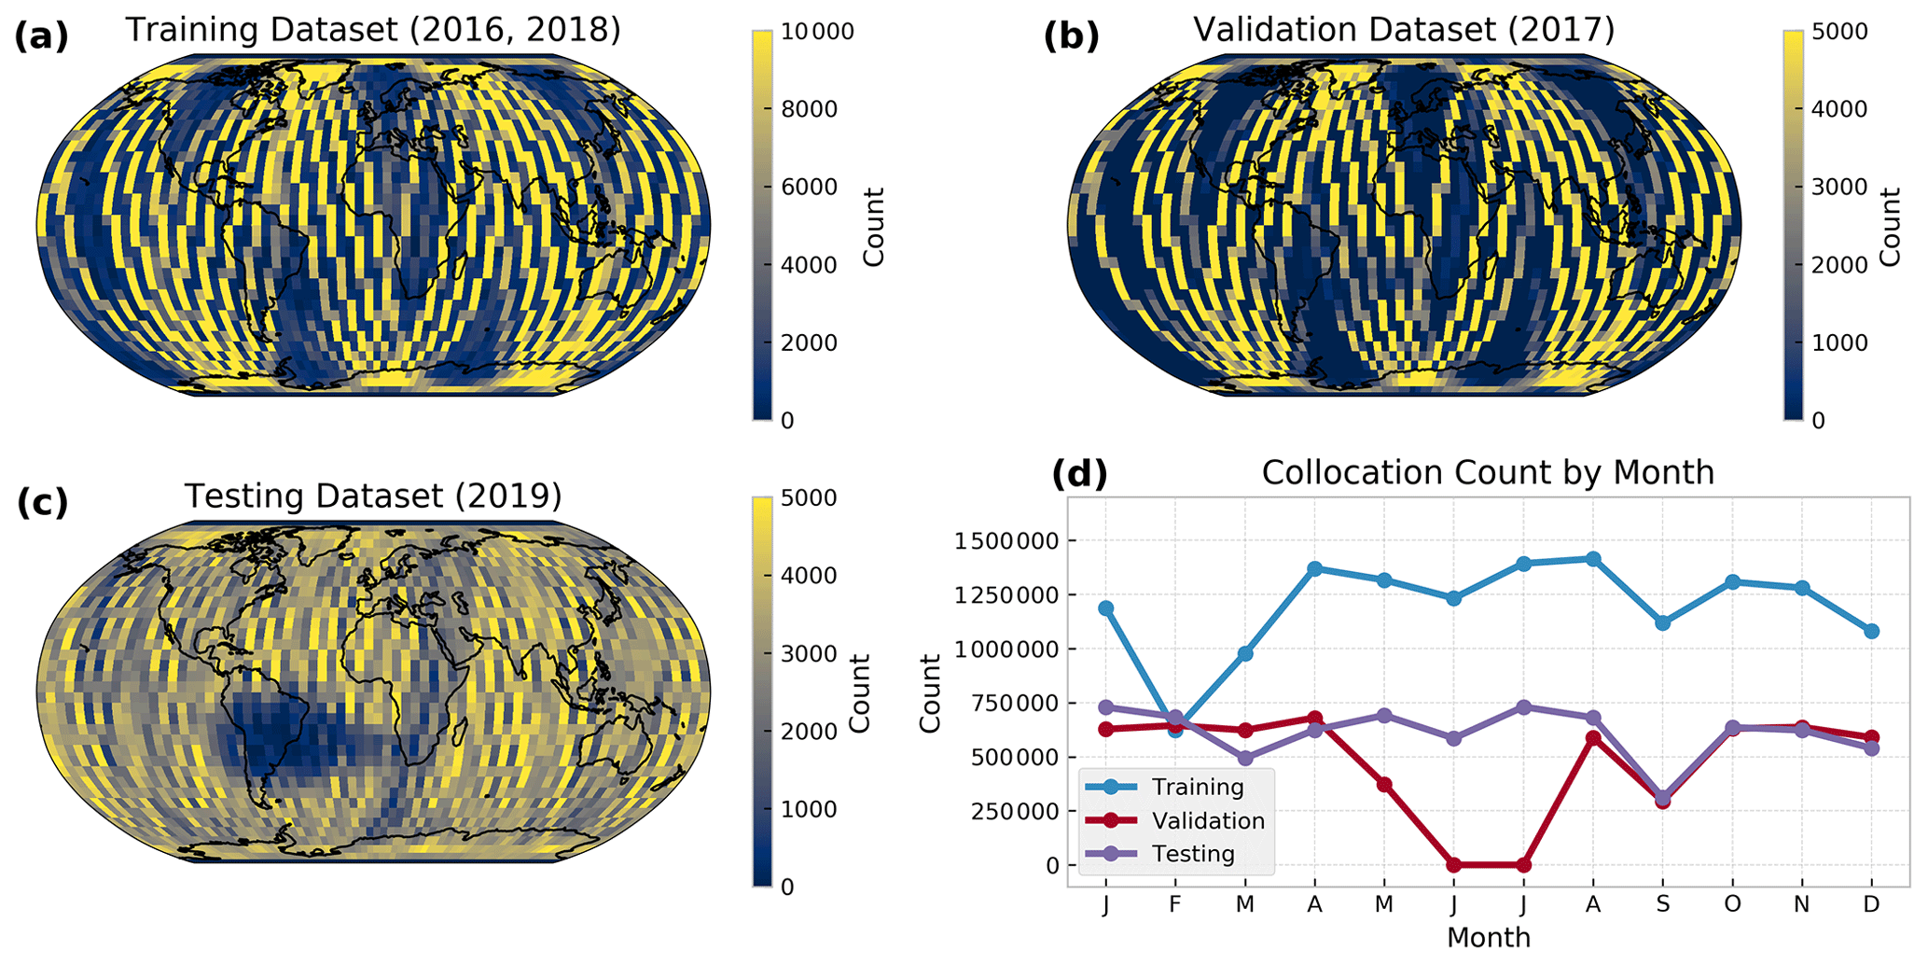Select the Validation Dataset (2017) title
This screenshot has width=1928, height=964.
click(x=1404, y=30)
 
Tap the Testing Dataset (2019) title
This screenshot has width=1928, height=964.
click(x=373, y=496)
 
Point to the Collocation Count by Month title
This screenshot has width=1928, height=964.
click(x=1488, y=472)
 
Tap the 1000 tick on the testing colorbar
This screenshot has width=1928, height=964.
click(x=808, y=809)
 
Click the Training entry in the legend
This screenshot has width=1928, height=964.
click(x=1198, y=787)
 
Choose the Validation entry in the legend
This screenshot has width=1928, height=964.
click(x=1208, y=820)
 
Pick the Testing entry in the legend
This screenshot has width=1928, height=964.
click(x=1193, y=854)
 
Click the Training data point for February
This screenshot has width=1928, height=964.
click(x=1175, y=730)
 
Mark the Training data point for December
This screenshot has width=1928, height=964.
click(x=1871, y=632)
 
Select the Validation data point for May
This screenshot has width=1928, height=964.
click(x=1384, y=785)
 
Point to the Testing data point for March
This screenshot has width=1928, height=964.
click(x=1244, y=759)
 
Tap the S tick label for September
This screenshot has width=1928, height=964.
click(x=1662, y=904)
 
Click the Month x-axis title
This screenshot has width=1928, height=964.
click(x=1488, y=937)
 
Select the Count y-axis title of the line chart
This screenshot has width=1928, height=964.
click(x=930, y=693)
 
